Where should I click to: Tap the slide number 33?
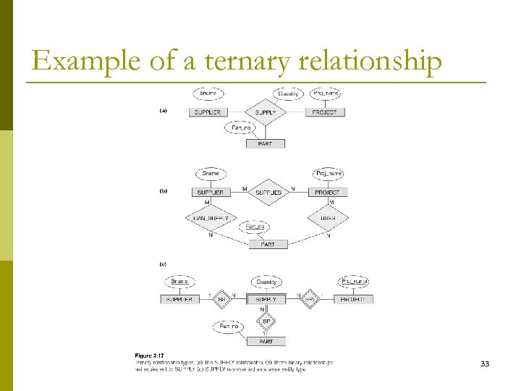485,363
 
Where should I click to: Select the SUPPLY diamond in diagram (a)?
266,112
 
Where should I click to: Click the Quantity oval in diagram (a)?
288,93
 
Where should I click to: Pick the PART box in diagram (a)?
266,143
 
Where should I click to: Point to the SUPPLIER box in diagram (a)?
208,112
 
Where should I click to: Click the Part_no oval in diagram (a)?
241,127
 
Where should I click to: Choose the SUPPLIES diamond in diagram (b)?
268,193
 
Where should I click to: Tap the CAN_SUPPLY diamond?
211,218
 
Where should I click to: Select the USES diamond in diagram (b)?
328,218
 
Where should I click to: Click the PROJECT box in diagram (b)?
327,193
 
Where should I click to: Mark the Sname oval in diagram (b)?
211,174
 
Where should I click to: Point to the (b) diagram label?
164,192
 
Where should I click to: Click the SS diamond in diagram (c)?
222,299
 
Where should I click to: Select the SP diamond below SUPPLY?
266,320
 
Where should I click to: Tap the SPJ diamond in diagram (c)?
310,299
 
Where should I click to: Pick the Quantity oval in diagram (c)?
266,282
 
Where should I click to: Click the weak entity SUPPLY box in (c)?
266,299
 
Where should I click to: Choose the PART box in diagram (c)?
266,340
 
